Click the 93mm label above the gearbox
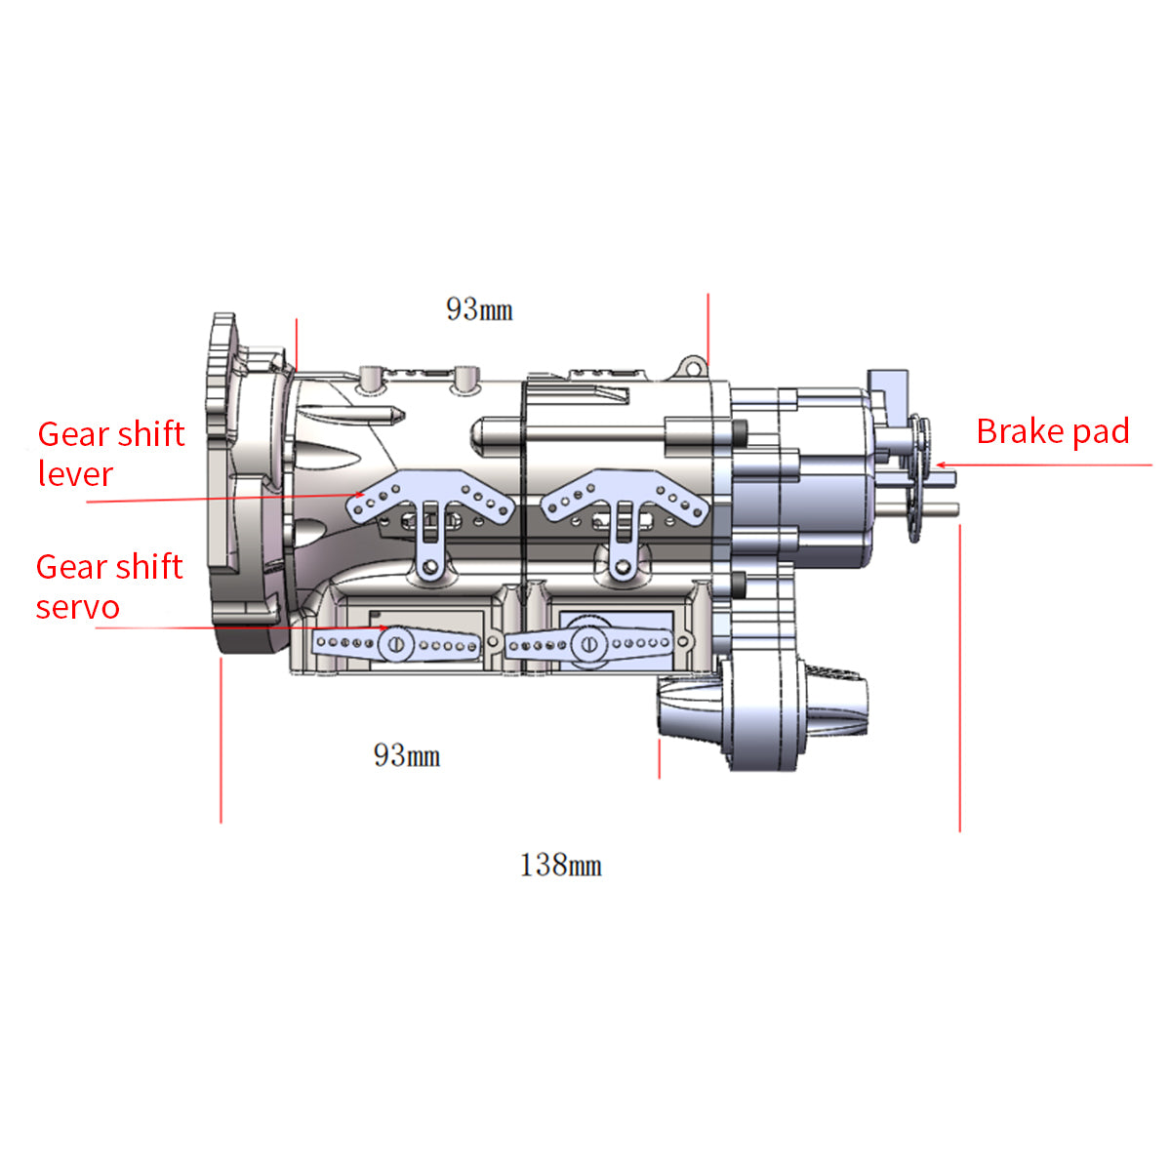click(479, 309)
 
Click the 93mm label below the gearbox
click(407, 755)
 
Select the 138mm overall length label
click(560, 866)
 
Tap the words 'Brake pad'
click(1052, 431)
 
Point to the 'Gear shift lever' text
click(110, 454)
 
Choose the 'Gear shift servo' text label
click(108, 586)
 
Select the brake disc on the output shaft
click(918, 478)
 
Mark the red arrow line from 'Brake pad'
click(1044, 465)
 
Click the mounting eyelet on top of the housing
click(693, 366)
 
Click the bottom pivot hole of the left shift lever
click(428, 565)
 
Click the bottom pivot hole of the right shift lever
click(622, 565)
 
